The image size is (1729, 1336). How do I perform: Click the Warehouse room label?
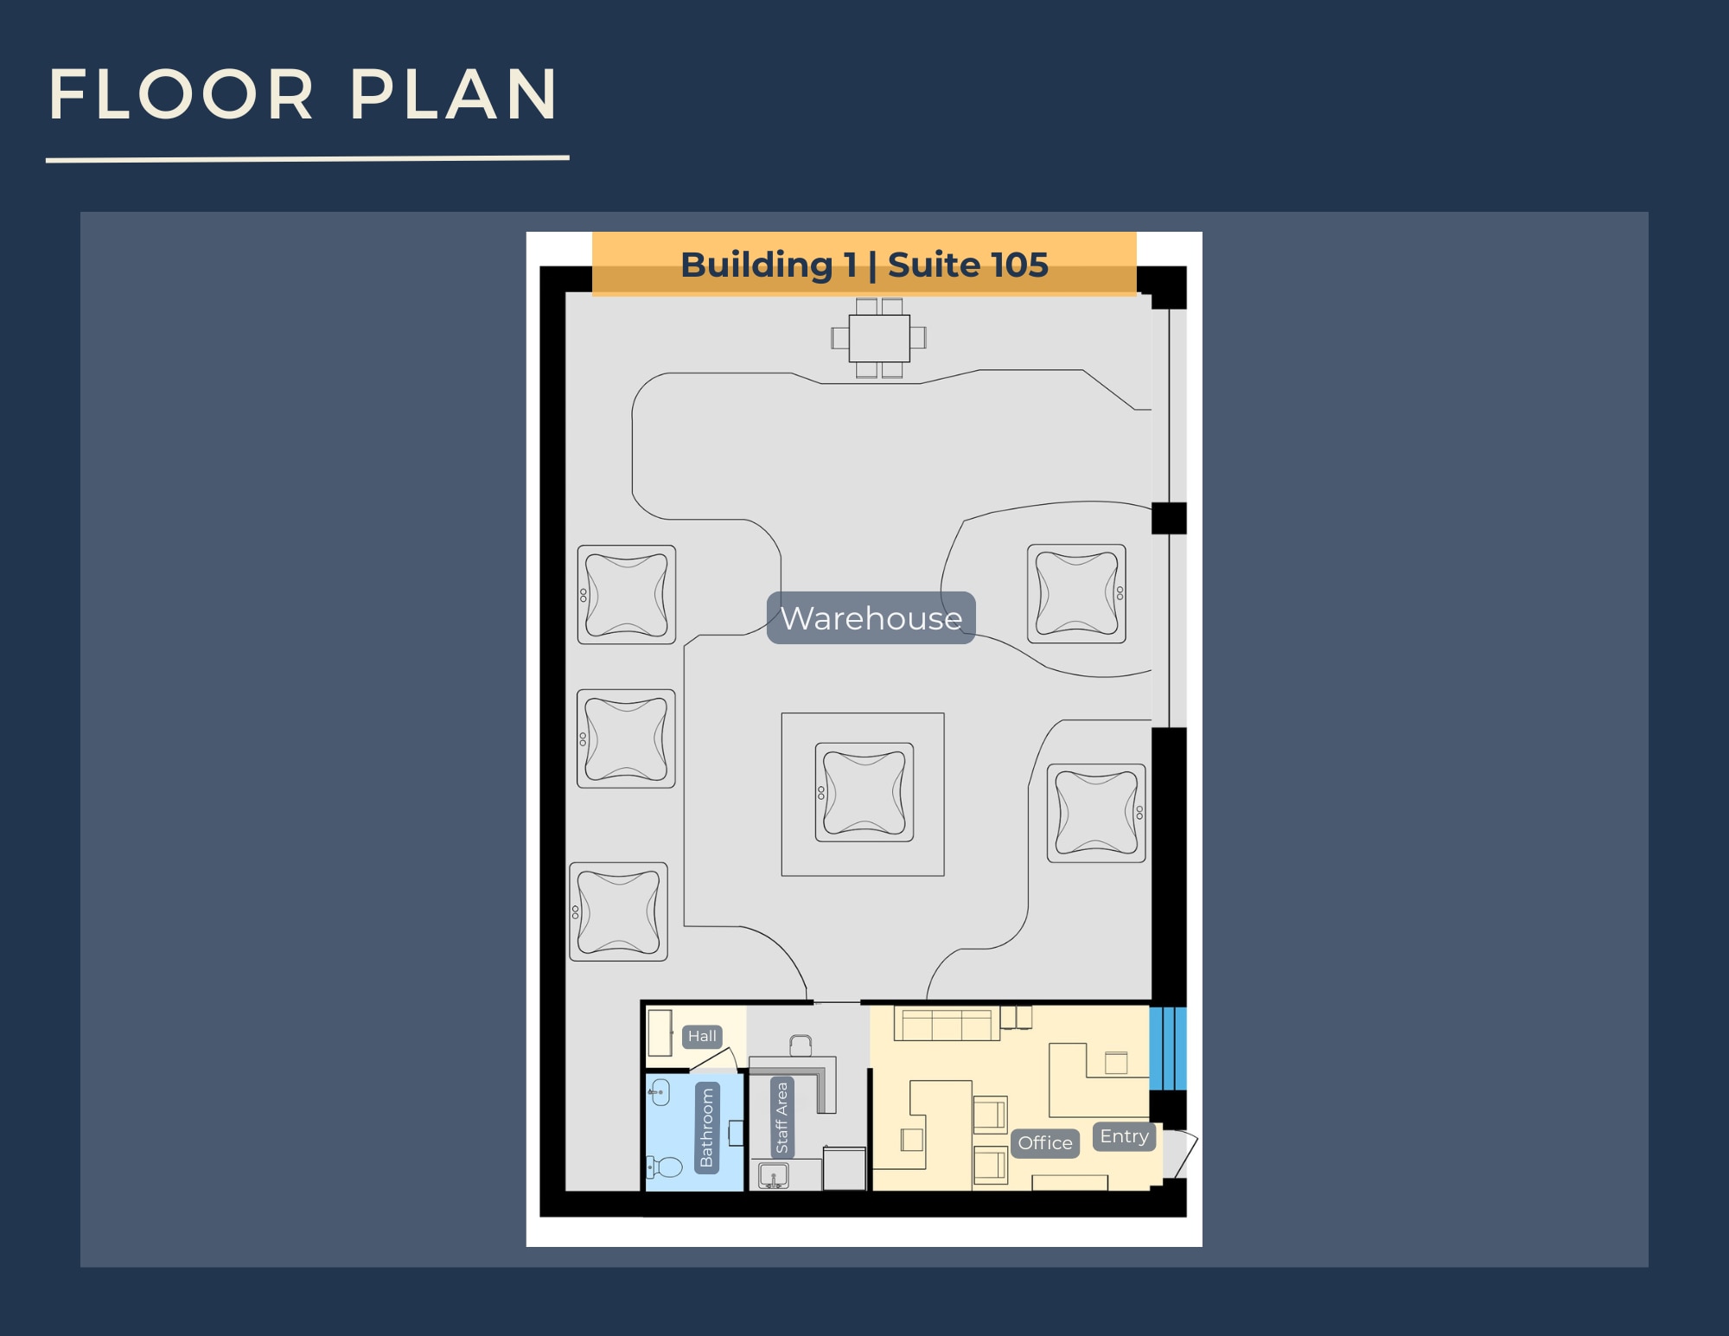pos(871,618)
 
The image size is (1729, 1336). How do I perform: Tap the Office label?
pos(1044,1142)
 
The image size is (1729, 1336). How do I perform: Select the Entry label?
pos(1124,1136)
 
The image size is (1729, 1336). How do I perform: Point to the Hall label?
pos(702,1036)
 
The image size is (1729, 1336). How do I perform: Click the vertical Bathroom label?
pos(707,1128)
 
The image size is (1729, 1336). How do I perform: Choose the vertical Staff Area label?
pos(782,1117)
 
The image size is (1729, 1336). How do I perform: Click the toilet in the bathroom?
pos(665,1167)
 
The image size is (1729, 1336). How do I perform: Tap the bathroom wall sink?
pos(660,1092)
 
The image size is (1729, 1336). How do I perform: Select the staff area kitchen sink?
pos(773,1176)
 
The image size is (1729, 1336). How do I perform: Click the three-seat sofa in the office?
pos(943,1024)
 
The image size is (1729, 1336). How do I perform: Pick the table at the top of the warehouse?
pos(879,338)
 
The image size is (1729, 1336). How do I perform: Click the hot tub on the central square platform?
pos(864,792)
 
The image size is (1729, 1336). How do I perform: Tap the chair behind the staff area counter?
pos(801,1045)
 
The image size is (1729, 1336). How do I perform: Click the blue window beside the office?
pos(1168,1048)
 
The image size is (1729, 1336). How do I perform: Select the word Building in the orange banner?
pos(756,265)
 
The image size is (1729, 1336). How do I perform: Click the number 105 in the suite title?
pos(1019,265)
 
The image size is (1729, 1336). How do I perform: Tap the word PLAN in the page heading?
pos(453,94)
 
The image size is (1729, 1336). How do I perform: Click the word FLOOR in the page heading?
pos(182,94)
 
